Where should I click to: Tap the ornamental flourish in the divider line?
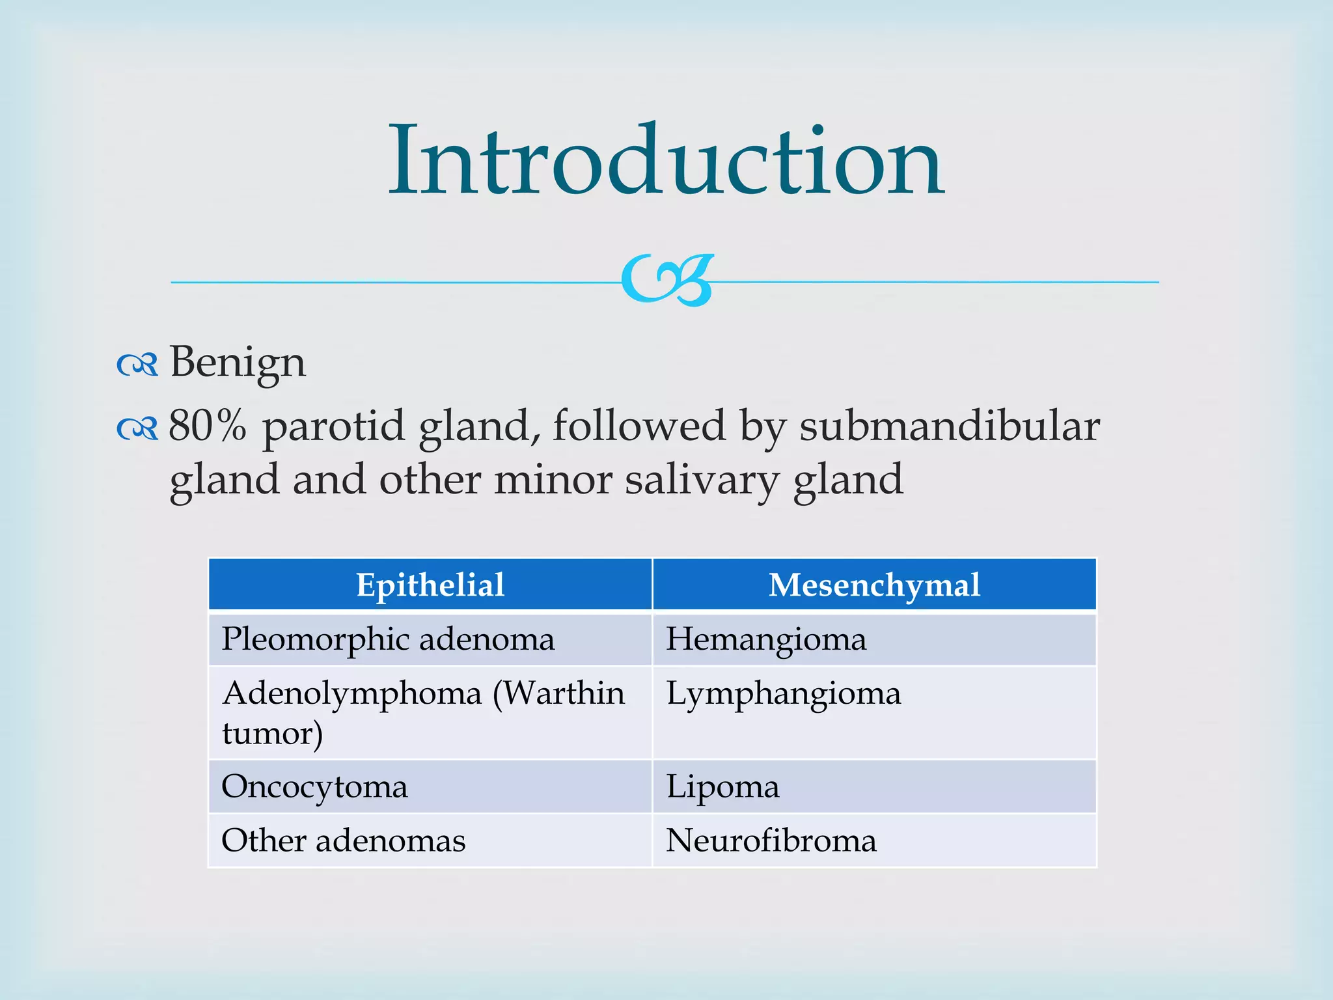coord(668,281)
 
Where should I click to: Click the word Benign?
coord(238,363)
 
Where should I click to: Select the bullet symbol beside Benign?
coord(137,365)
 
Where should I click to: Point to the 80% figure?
coord(208,426)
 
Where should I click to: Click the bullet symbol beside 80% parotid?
coord(137,429)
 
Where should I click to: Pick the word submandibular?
coord(950,427)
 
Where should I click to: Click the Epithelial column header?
coord(430,585)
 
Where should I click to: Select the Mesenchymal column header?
coord(874,585)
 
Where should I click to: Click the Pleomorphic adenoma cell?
coord(389,639)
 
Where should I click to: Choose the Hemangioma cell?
coord(766,639)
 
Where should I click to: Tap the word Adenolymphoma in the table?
coord(352,693)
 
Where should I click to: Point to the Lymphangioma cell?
coord(784,693)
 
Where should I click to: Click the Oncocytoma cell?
coord(315,786)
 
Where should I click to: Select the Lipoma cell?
coord(722,786)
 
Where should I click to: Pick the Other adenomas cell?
coord(344,840)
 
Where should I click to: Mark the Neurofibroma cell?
coord(771,840)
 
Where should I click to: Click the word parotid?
coord(333,427)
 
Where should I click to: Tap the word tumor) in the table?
coord(273,734)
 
